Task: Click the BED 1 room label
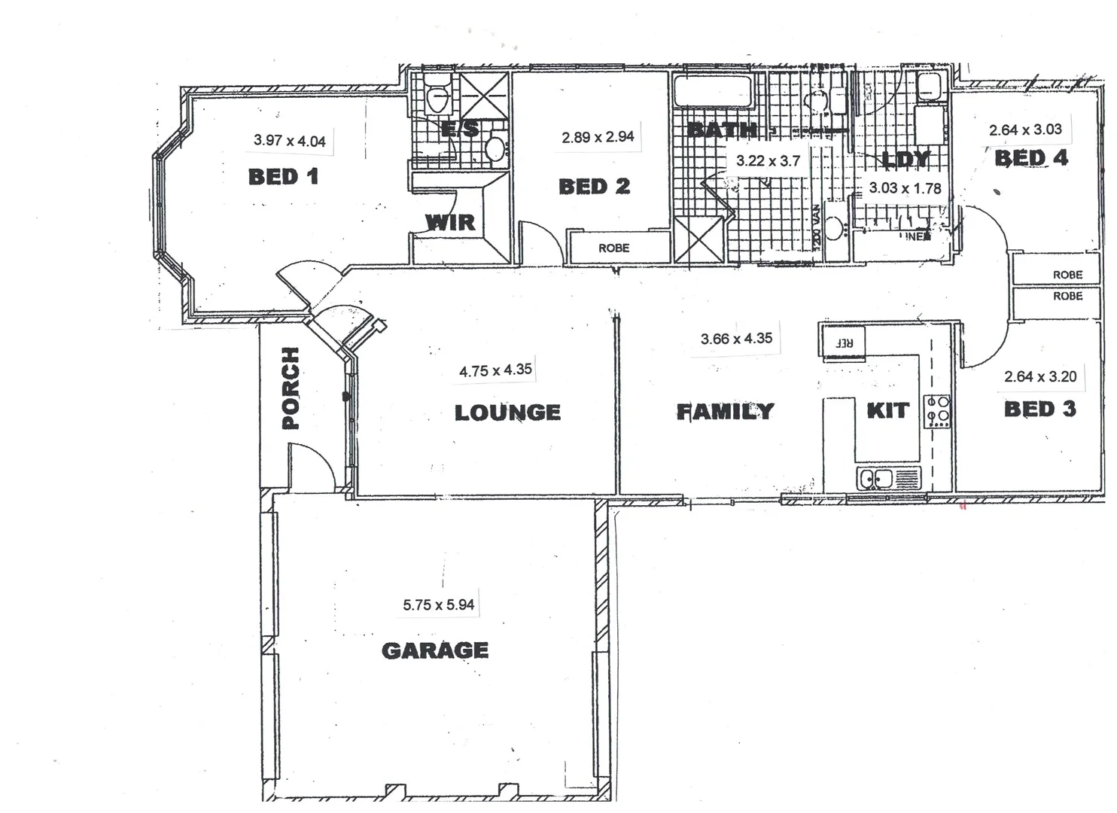[283, 177]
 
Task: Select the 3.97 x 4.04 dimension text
[289, 140]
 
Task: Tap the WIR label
[450, 222]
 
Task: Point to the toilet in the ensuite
[437, 95]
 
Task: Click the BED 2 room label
[594, 187]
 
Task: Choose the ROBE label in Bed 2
[613, 248]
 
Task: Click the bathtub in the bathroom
[714, 92]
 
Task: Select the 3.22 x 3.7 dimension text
[768, 160]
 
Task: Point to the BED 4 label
[1031, 158]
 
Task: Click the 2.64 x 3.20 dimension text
[1040, 376]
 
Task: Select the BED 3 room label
[1039, 410]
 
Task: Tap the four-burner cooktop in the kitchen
[938, 412]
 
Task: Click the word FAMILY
[725, 411]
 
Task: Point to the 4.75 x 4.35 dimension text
[495, 370]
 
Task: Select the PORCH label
[290, 388]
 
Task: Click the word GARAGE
[435, 650]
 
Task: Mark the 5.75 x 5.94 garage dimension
[438, 604]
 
